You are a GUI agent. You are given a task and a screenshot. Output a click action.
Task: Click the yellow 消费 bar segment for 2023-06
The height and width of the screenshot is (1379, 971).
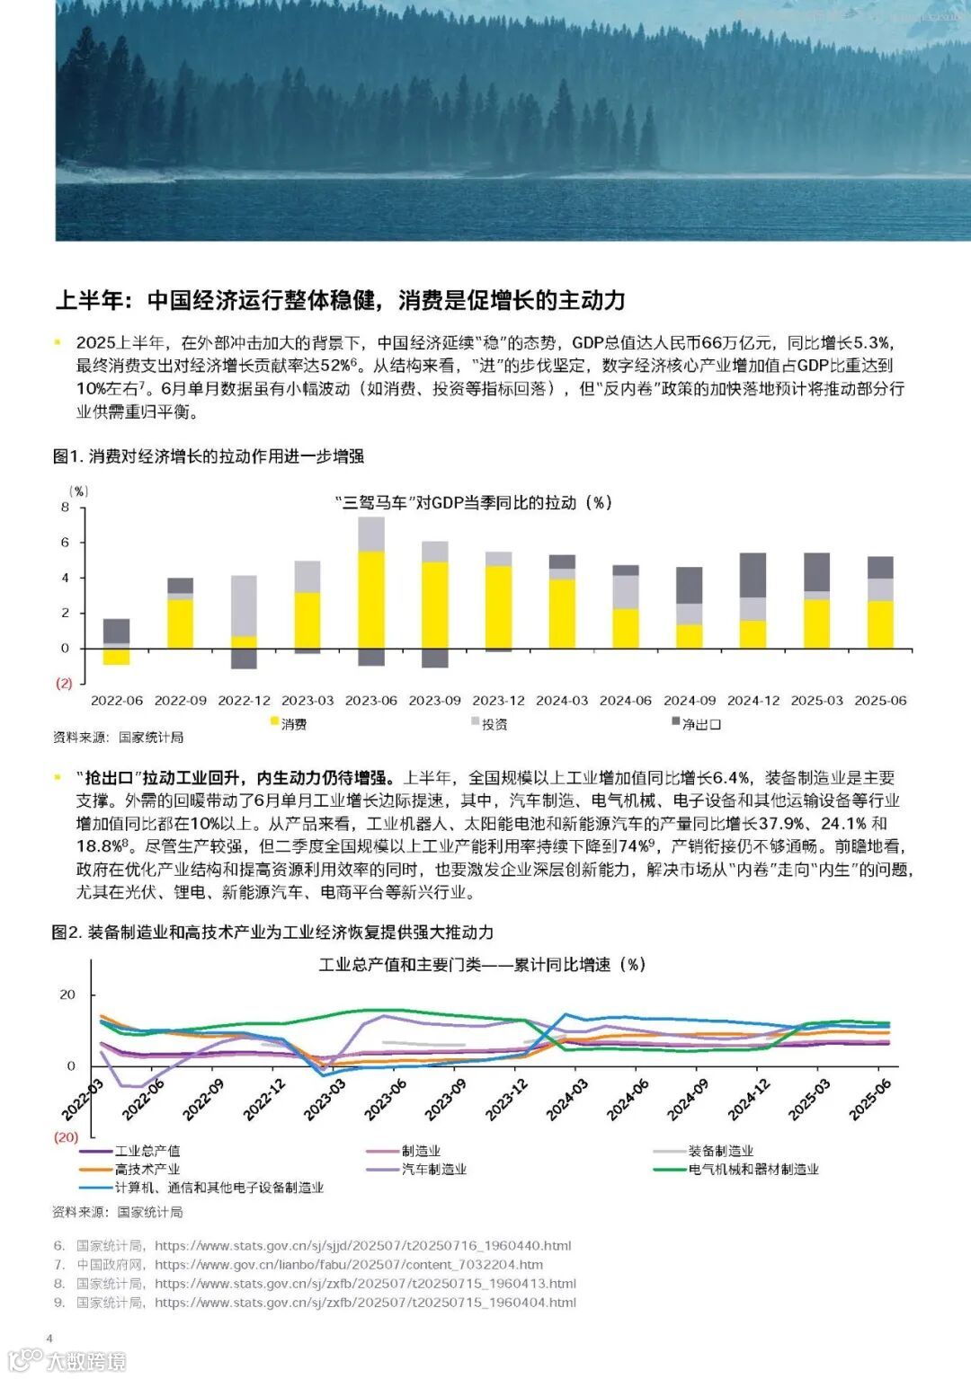click(371, 599)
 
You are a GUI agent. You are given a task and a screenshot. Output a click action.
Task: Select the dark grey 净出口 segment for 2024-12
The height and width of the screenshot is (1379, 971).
click(753, 575)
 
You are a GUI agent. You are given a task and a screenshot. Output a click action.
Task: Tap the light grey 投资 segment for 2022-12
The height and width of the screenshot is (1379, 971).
click(244, 606)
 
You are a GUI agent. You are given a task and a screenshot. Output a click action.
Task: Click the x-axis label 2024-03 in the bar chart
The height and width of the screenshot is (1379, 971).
click(562, 701)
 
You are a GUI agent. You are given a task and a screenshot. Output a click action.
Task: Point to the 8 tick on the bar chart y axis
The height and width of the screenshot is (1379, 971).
click(65, 508)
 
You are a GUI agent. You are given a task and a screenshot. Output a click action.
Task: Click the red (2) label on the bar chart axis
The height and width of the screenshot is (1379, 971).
click(64, 684)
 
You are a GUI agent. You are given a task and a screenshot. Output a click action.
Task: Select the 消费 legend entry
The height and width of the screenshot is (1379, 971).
click(293, 724)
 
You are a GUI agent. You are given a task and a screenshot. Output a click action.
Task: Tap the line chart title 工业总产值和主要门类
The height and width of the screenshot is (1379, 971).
click(482, 965)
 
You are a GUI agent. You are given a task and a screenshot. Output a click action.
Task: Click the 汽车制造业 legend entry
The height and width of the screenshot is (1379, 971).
click(433, 1170)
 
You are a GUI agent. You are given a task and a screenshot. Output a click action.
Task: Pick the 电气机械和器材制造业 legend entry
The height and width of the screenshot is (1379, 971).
click(753, 1170)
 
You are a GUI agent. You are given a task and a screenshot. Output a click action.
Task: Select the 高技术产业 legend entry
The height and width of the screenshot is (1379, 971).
click(147, 1170)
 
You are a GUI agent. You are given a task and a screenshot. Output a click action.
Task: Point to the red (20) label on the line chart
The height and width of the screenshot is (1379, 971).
click(66, 1137)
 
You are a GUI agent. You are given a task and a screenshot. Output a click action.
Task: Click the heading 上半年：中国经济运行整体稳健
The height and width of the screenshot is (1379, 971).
click(340, 300)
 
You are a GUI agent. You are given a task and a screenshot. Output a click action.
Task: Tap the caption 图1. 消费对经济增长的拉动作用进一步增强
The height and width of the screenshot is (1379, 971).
click(208, 456)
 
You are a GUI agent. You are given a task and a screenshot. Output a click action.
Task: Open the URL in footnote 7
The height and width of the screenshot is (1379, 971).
click(348, 1265)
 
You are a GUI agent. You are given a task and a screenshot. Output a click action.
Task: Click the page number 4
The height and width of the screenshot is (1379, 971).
click(49, 1339)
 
